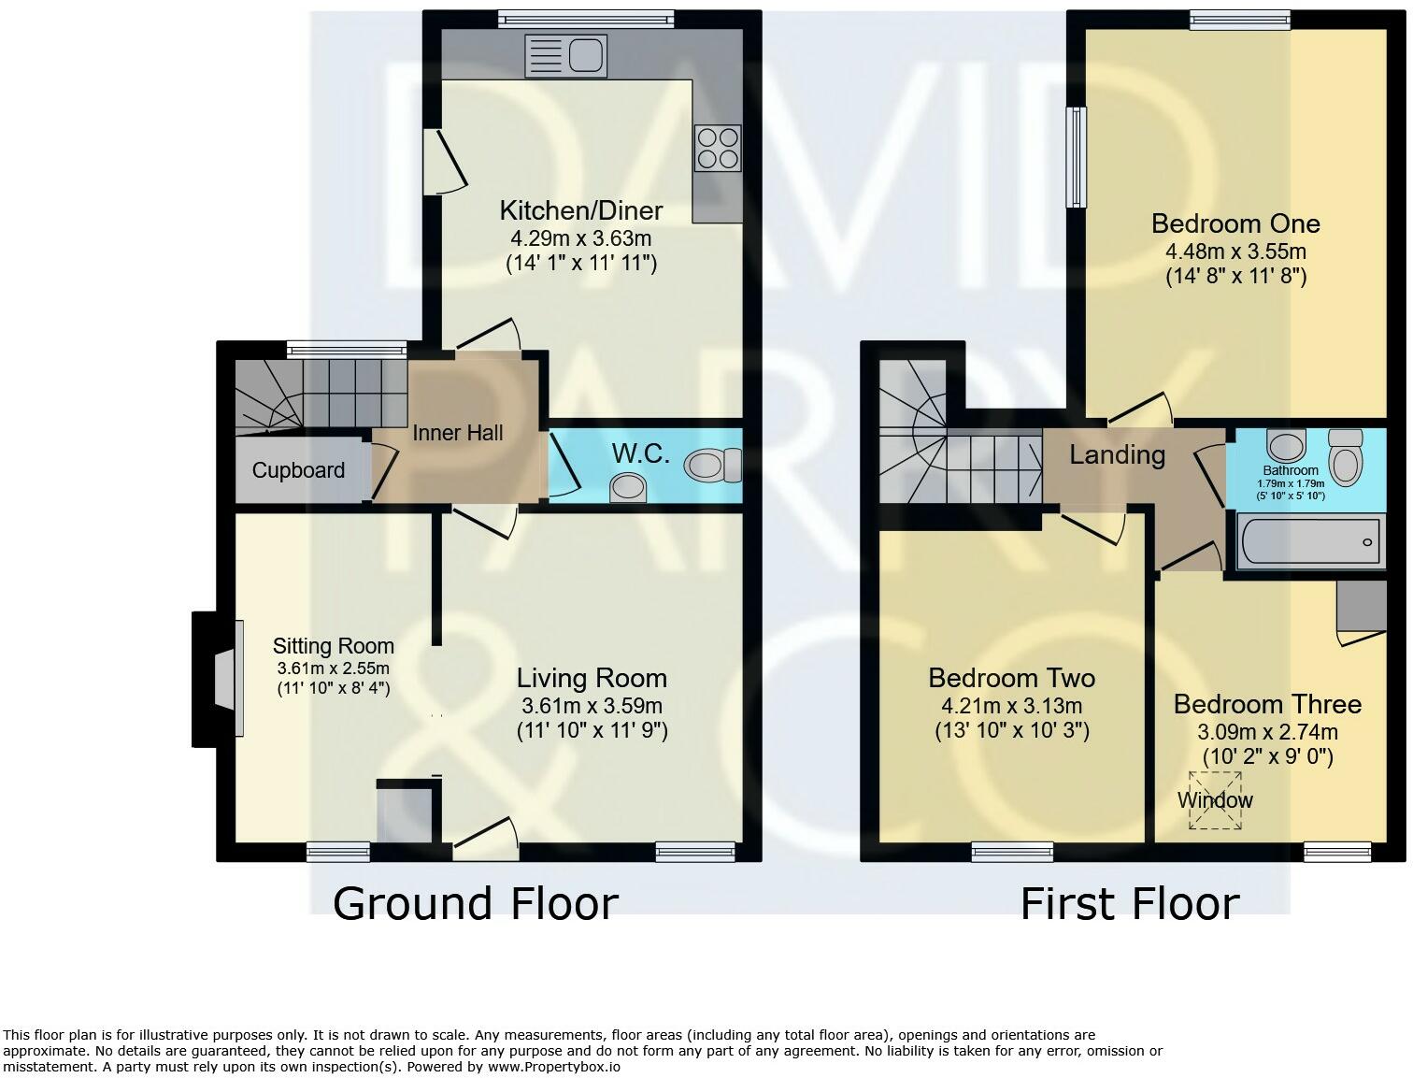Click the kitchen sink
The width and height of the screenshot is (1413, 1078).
pos(565,55)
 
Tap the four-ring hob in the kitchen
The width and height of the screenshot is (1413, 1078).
pos(718,148)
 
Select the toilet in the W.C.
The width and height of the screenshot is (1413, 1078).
pos(713,465)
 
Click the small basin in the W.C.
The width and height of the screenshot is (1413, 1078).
pos(628,487)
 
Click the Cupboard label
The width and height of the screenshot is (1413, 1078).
pos(298,470)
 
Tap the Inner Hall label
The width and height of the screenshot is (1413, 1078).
pos(458,433)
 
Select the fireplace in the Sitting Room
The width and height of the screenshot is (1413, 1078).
pos(218,679)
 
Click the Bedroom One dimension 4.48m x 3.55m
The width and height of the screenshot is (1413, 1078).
pos(1235,251)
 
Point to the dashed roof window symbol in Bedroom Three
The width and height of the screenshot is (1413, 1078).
pos(1215,800)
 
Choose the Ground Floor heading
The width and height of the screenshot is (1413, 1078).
pos(475,903)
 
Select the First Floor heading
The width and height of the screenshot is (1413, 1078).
pos(1130,903)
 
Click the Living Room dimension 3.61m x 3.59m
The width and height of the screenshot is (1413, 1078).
pos(592,706)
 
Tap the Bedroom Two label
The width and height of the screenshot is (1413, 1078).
pos(1011,678)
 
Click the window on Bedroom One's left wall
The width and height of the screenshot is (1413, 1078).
pos(1076,156)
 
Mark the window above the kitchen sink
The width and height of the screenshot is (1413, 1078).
pos(586,20)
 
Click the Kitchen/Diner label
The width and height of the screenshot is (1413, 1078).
pos(580,210)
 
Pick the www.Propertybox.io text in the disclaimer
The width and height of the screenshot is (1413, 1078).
pos(553,1067)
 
